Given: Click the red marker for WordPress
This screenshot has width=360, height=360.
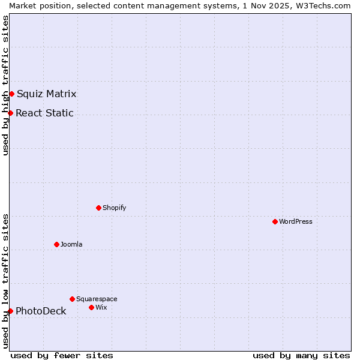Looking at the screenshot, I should (275, 221).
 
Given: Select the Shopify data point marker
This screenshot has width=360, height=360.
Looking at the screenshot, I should (99, 208).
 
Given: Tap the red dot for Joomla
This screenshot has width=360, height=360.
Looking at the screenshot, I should (57, 244).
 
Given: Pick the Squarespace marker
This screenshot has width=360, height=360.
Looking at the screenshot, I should (72, 299).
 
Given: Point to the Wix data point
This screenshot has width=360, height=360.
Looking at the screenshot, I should (91, 307).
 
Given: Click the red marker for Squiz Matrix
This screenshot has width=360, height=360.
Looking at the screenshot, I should (11, 94).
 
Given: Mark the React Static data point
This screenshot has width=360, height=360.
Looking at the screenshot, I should (10, 113).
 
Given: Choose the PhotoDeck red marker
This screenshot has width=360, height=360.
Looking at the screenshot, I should (10, 311).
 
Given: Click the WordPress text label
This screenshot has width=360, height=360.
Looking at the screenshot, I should (296, 221).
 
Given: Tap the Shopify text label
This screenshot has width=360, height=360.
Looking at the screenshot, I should (115, 208).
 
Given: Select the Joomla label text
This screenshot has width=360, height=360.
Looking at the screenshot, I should (71, 244).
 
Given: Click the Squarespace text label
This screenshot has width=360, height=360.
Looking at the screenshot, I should (97, 299).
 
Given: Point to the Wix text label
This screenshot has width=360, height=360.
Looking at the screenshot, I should (101, 307).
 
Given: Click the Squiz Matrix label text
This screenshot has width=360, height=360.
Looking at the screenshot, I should (47, 94).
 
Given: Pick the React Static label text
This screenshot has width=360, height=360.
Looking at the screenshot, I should (45, 113).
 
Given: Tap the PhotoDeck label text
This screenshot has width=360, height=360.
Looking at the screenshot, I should (41, 311).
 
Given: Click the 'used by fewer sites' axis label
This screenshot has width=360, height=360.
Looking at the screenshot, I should (62, 355).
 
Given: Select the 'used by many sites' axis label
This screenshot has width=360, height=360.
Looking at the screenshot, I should (301, 355).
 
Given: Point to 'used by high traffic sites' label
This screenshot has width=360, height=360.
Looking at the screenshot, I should (5, 85).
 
